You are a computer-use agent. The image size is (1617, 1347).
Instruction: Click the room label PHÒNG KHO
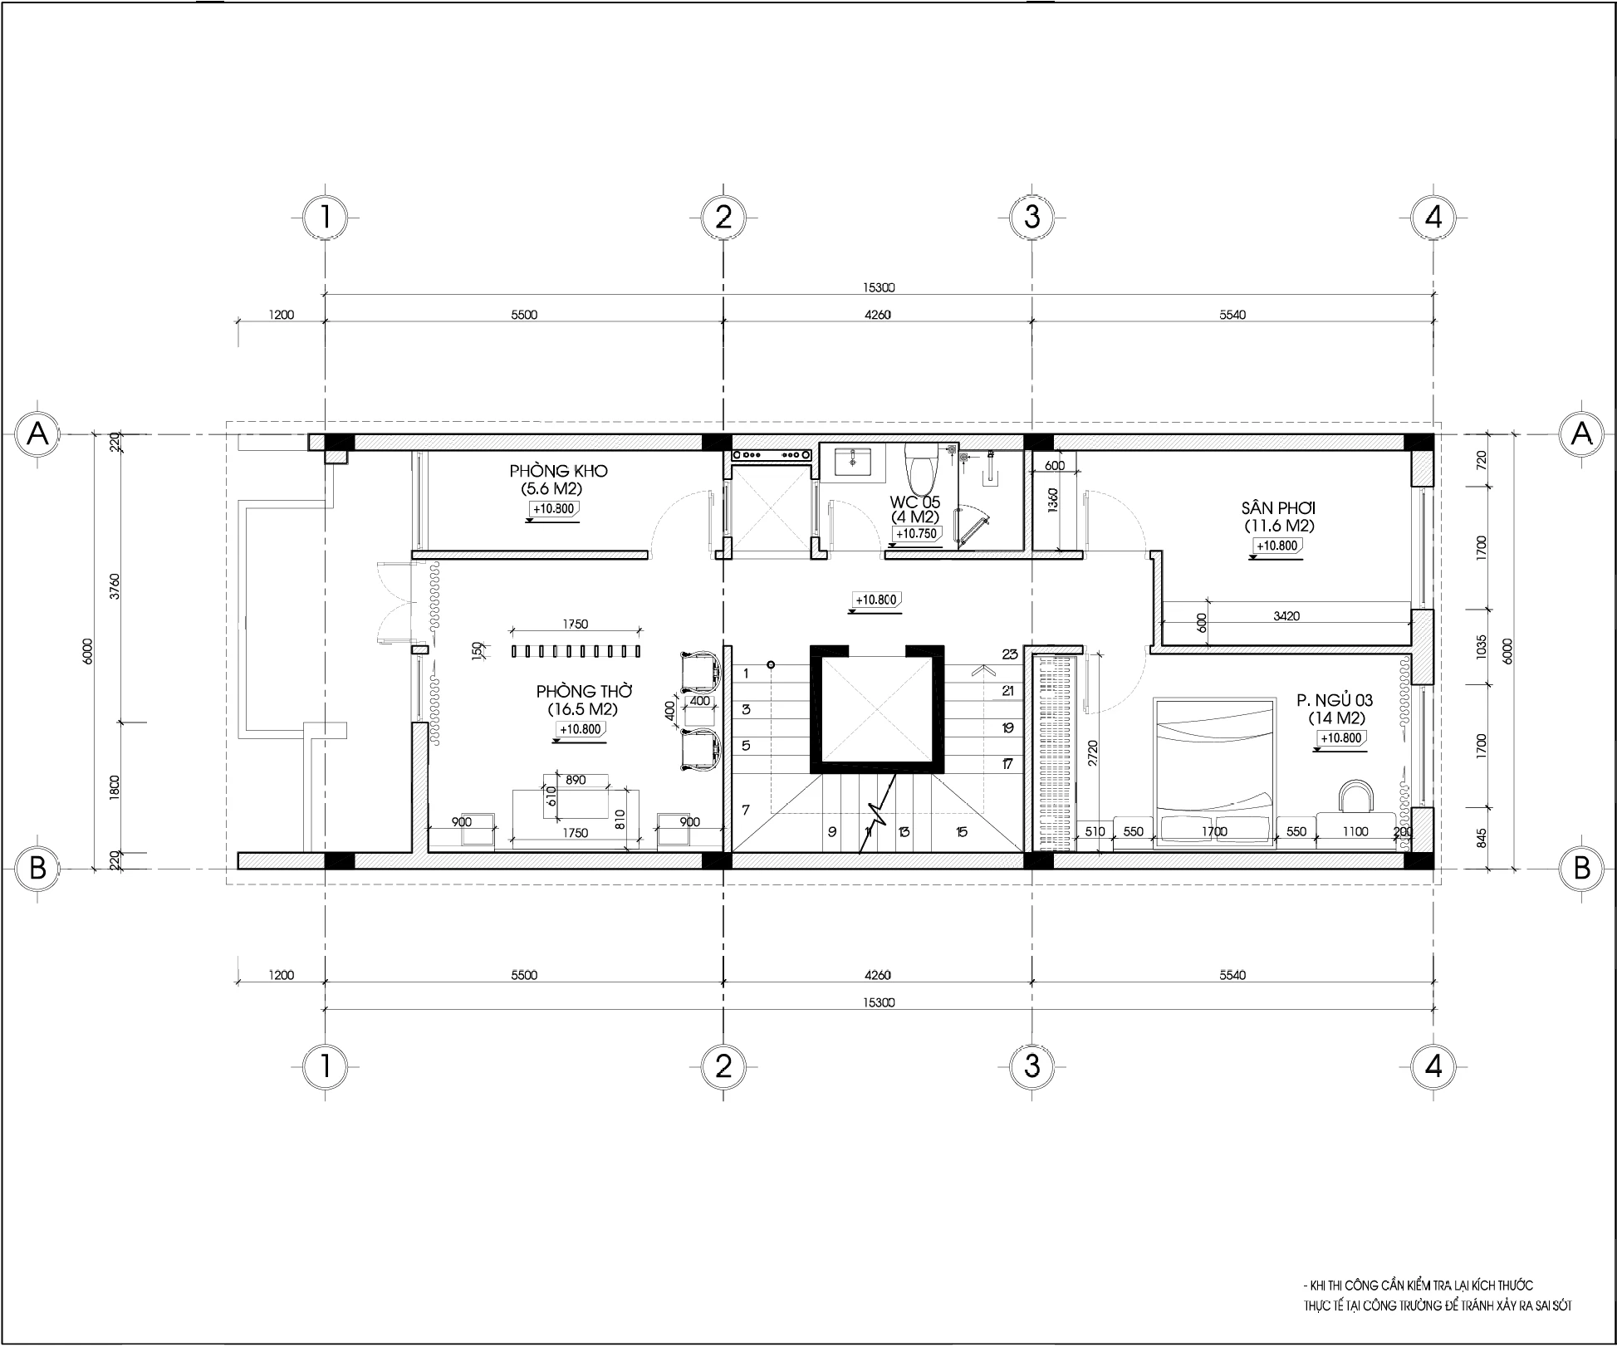click(558, 471)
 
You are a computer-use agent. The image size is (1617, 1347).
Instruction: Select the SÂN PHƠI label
click(1278, 507)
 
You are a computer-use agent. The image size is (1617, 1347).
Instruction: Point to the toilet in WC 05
click(920, 469)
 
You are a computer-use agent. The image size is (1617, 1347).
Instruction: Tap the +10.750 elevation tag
click(916, 534)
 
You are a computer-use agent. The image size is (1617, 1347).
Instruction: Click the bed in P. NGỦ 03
click(1214, 772)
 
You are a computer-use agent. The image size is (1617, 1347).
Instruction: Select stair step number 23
click(1009, 654)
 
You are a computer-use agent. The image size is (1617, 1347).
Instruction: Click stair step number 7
click(746, 810)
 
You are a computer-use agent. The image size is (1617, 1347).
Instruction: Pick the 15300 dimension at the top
click(878, 288)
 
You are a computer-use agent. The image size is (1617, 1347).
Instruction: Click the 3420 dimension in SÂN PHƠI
click(1286, 616)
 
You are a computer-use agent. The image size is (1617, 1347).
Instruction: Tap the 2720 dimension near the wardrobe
click(1092, 752)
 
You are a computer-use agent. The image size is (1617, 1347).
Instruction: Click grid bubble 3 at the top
click(1031, 218)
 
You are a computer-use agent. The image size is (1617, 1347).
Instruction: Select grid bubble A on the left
click(37, 433)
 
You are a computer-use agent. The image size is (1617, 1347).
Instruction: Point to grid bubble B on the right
click(1581, 868)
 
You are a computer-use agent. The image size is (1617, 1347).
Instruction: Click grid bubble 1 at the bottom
click(325, 1066)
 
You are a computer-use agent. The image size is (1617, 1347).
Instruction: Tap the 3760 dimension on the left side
click(115, 586)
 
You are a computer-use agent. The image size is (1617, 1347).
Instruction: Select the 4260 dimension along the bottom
click(877, 975)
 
